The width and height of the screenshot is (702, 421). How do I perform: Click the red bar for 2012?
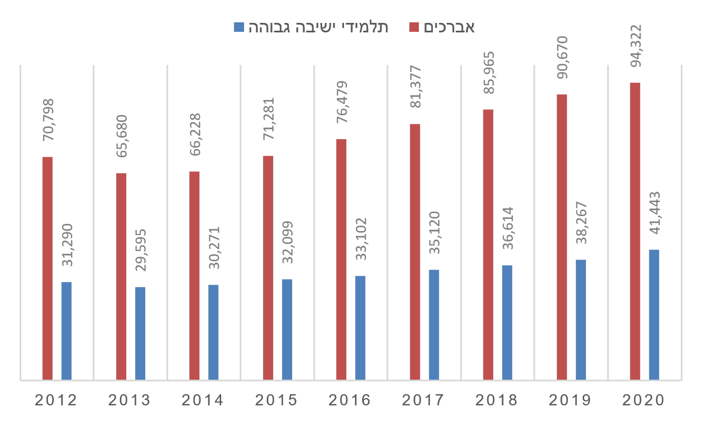tap(47, 269)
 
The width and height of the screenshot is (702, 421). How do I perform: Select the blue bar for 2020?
tap(654, 315)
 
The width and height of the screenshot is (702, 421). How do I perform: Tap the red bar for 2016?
tap(341, 260)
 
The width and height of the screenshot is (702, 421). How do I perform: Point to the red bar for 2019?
tap(562, 237)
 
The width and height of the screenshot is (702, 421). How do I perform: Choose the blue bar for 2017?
tap(434, 325)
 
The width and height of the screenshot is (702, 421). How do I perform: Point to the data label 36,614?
tap(507, 231)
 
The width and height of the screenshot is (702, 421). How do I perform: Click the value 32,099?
tap(286, 245)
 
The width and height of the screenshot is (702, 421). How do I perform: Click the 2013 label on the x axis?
tap(130, 400)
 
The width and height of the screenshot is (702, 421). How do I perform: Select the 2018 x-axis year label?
tap(497, 400)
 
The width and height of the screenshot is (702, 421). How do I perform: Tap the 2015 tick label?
tap(276, 400)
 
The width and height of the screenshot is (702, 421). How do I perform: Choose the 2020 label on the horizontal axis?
tap(644, 400)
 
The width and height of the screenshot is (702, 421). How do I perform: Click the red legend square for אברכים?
tap(414, 27)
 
